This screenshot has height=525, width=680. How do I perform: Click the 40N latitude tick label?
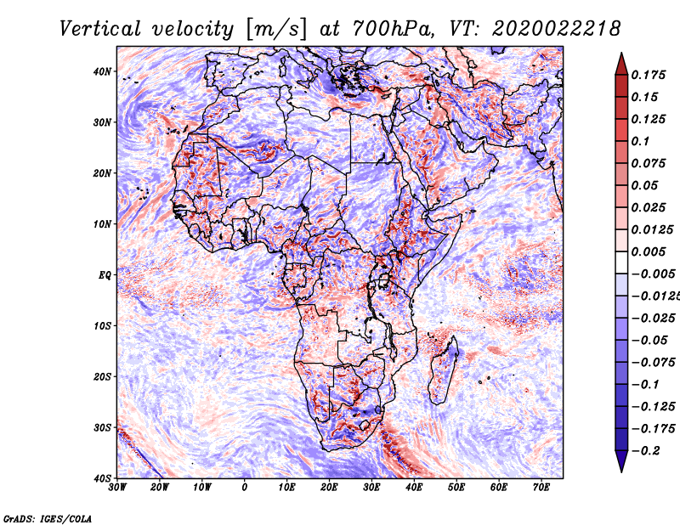click(102, 71)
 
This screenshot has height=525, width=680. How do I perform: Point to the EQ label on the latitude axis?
click(104, 275)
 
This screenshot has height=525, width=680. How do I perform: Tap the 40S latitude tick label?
click(102, 478)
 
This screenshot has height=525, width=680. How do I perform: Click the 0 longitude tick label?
click(245, 488)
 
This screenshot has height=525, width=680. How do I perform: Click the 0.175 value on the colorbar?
click(647, 75)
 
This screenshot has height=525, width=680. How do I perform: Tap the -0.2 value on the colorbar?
click(643, 450)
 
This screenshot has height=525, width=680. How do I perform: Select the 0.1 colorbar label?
click(640, 141)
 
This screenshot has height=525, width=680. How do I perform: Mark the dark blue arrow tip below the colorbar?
click(620, 464)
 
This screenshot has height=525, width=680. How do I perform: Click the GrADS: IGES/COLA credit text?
click(47, 517)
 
